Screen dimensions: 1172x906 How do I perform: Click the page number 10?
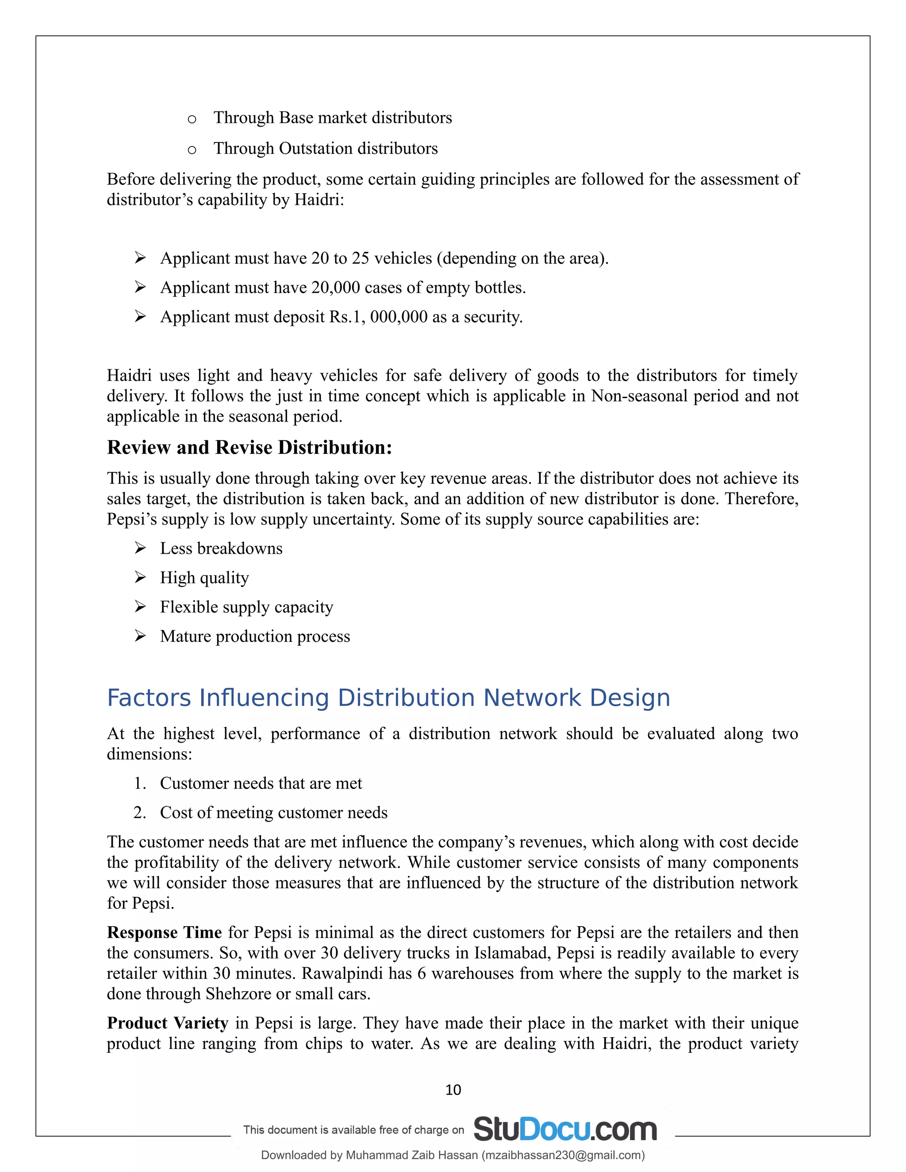coord(453,1090)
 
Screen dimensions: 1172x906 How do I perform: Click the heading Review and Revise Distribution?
coord(249,448)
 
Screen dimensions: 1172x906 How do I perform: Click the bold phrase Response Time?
coord(164,932)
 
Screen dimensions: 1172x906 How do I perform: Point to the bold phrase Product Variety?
coord(168,1023)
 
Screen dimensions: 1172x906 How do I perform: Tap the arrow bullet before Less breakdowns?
coord(140,548)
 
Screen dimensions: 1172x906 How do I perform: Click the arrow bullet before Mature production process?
coord(140,636)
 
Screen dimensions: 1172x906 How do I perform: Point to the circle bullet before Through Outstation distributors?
coord(192,150)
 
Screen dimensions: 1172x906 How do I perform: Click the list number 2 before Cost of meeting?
coord(139,813)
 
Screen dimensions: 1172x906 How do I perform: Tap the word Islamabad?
coord(512,953)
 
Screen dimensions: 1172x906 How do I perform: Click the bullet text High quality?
coord(204,578)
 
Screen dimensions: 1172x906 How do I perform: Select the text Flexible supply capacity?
coord(246,608)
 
